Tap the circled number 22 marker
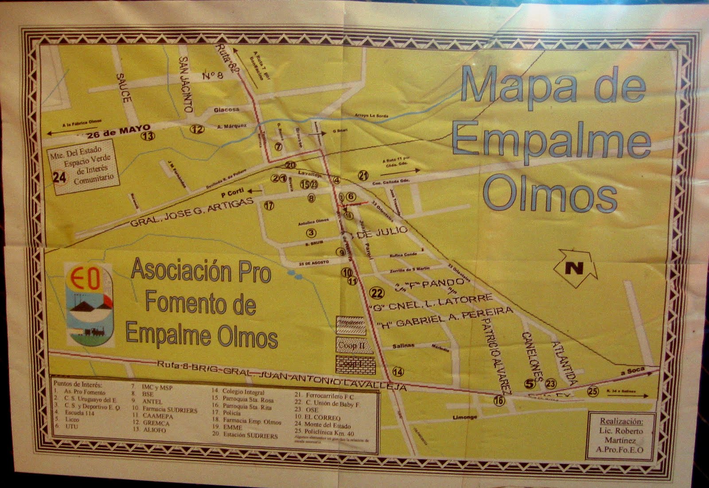point(377,293)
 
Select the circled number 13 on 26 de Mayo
point(148,136)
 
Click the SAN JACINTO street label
point(186,84)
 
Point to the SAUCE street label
point(124,88)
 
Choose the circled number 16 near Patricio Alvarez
point(499,401)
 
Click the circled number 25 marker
point(592,391)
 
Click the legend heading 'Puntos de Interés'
point(78,384)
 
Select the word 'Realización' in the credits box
point(621,421)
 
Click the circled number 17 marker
point(269,205)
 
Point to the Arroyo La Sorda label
point(371,116)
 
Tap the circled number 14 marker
point(398,371)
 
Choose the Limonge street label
point(465,417)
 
